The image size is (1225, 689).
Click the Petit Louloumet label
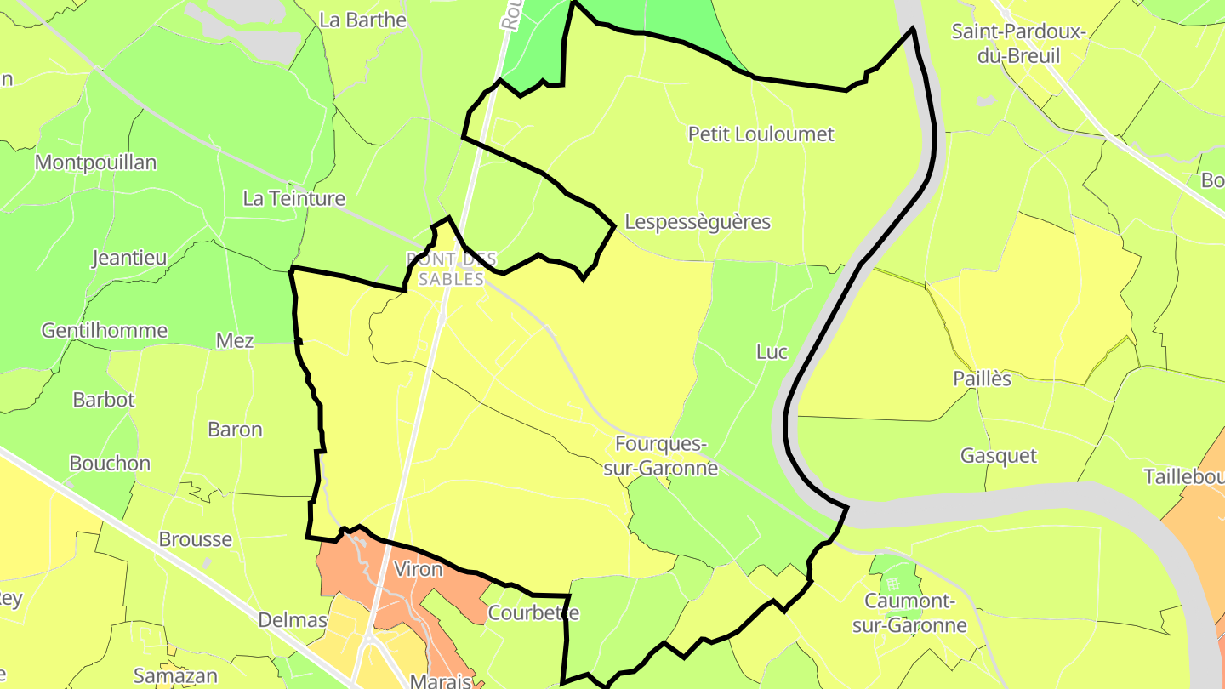pos(761,134)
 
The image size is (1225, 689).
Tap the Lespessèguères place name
pos(697,222)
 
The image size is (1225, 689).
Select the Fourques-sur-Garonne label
pos(661,456)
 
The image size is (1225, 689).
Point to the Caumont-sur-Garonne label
pos(915,613)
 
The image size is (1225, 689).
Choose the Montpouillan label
pos(95,162)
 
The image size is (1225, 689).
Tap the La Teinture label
pos(293,199)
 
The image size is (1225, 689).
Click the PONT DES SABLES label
pos(451,269)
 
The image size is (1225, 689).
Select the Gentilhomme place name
pos(105,331)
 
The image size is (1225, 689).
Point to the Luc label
pos(772,352)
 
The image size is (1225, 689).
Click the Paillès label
pos(982,379)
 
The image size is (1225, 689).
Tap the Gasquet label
pos(999,456)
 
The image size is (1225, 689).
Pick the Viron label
pos(419,569)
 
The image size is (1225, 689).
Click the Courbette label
pos(533,612)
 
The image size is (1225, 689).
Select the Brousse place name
pos(195,540)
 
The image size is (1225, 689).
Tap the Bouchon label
pos(110,464)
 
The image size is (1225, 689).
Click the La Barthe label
pos(362,20)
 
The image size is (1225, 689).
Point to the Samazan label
pos(175,676)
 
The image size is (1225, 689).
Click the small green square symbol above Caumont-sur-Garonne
pos(892,584)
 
